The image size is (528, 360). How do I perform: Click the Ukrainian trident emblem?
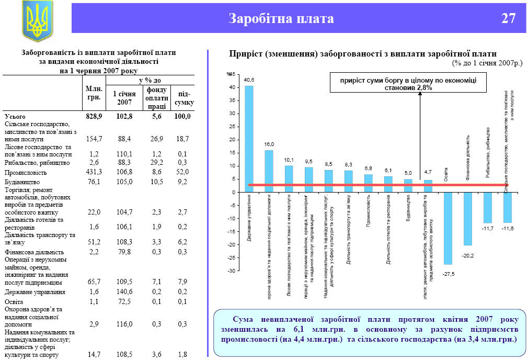click(37, 21)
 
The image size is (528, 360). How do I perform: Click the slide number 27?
click(509, 19)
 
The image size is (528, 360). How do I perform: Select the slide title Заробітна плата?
click(281, 19)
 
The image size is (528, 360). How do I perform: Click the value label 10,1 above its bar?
click(289, 160)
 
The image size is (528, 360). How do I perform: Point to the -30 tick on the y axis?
click(230, 271)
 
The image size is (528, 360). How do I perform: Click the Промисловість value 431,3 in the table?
click(94, 172)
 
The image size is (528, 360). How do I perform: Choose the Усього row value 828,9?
click(94, 116)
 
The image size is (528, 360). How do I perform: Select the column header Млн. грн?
click(94, 93)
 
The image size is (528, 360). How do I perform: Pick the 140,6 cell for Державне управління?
click(124, 291)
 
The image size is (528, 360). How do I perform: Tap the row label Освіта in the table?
click(14, 301)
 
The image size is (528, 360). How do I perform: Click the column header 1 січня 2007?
click(124, 97)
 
